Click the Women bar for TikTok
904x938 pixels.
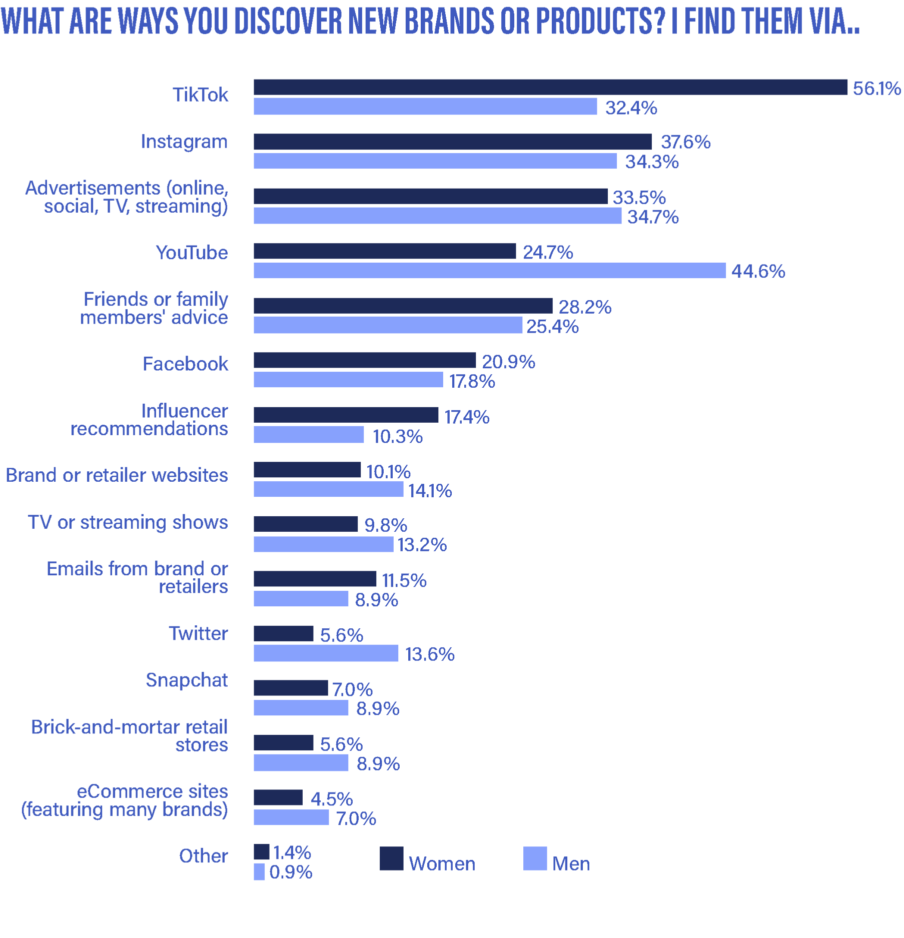tap(550, 87)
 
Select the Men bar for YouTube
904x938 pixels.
tap(489, 270)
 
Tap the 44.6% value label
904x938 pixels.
tap(758, 271)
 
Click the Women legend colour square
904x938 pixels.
tap(391, 858)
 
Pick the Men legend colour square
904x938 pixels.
tap(535, 858)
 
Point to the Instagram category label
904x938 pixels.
tap(184, 142)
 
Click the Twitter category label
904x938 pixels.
tap(199, 633)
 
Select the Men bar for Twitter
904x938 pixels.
tap(326, 653)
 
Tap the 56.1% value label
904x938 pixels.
tap(876, 89)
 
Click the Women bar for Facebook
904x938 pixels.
tap(365, 360)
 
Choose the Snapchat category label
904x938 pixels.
tap(187, 680)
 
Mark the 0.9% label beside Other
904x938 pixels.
tap(291, 872)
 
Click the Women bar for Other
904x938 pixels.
tap(261, 852)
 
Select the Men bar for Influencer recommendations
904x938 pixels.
tap(309, 434)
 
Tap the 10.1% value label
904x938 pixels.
tap(389, 472)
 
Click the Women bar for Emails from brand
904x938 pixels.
tap(315, 579)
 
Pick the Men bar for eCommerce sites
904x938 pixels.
tap(291, 817)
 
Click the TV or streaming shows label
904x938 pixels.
tap(128, 522)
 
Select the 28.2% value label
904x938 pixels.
tap(584, 307)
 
